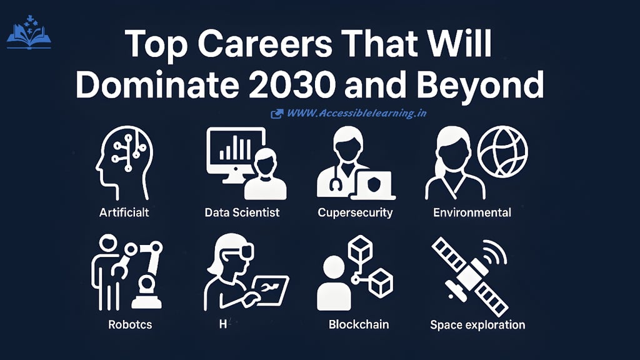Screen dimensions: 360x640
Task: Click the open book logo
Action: [29, 36]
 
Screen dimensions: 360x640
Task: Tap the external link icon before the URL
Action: [276, 114]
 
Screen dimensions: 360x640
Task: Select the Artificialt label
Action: [124, 212]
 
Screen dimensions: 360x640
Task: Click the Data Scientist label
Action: [242, 212]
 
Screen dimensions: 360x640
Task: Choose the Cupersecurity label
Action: [355, 212]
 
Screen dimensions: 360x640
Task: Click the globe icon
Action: [502, 151]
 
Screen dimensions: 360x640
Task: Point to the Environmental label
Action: [472, 212]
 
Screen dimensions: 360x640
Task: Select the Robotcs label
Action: [130, 324]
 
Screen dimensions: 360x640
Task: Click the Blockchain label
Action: [359, 324]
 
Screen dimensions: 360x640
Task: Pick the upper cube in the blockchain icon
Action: [361, 251]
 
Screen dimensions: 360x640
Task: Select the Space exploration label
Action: [477, 324]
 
